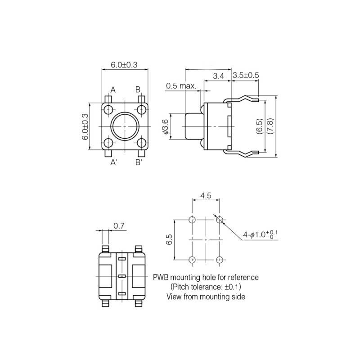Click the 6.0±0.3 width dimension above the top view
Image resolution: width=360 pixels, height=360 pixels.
pos(124,65)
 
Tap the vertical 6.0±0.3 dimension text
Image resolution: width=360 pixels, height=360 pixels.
pos(85,127)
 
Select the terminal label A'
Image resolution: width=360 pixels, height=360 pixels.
pos(114,162)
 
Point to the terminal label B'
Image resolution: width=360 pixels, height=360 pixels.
pos(139,162)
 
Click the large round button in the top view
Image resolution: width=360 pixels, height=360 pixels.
pos(125,126)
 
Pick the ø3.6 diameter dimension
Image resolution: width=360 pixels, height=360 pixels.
pos(166,127)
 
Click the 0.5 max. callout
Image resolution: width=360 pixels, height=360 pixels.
pos(181,86)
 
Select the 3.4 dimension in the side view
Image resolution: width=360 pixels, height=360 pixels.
pos(218,76)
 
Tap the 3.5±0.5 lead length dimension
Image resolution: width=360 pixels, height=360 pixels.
pos(246,75)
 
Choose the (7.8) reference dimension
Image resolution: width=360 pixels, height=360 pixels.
pos(270,126)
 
